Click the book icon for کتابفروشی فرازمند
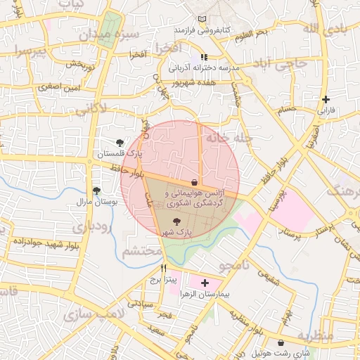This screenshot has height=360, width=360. [x=203, y=19]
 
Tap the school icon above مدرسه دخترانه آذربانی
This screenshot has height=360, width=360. [x=204, y=57]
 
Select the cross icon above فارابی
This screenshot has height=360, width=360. [x=325, y=99]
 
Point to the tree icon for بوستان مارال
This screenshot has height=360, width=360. [x=96, y=190]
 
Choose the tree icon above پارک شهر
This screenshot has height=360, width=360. [x=176, y=221]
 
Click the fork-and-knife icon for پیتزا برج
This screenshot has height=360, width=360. [x=164, y=268]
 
